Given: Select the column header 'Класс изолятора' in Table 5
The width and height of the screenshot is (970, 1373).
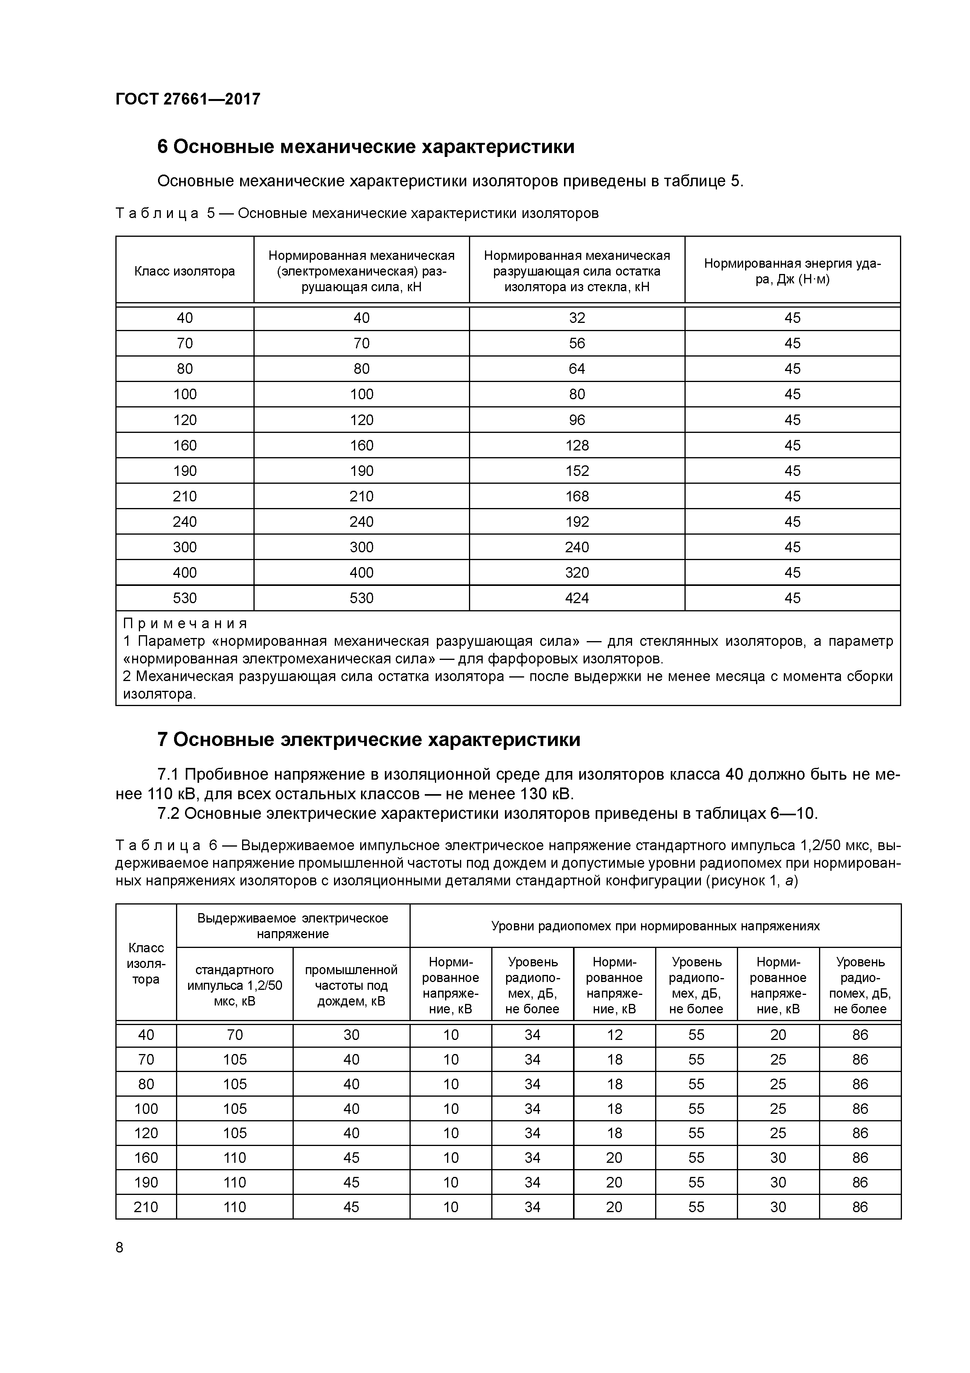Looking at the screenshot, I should point(184,272).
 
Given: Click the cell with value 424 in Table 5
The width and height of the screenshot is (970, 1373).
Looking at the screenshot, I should point(577,598).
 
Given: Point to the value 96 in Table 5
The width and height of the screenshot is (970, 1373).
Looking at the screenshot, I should point(577,420).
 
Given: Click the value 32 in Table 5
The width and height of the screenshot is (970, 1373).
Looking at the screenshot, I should point(577,317).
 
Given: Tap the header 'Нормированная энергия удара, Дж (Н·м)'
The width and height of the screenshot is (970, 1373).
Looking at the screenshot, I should point(792,272).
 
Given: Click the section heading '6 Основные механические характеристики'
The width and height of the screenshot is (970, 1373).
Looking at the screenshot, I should point(365,146).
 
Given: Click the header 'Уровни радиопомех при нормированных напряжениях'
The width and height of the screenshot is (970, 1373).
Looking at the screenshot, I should point(655,926).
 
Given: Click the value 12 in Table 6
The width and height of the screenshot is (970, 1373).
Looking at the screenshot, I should point(614,1034).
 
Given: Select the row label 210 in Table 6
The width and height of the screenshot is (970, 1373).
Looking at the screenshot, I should point(146,1207).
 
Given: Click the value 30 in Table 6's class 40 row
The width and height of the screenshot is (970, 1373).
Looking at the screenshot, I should point(351,1034).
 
